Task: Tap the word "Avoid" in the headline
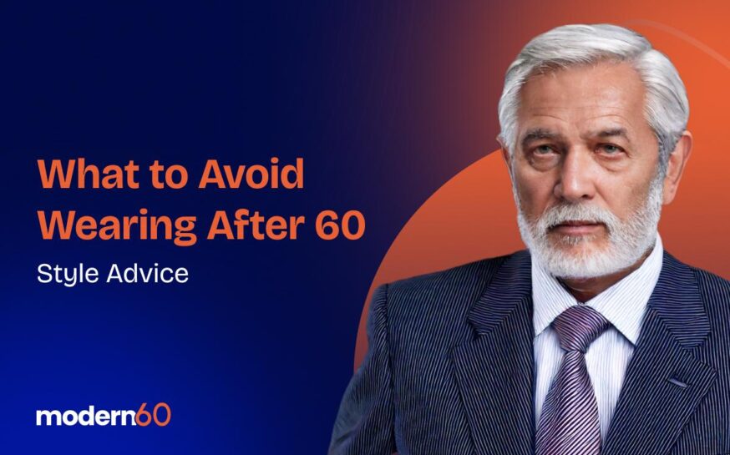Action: [251, 174]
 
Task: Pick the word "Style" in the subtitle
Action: [68, 274]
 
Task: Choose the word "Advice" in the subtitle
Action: [148, 273]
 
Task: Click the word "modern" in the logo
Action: [86, 417]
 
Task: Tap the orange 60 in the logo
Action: [154, 415]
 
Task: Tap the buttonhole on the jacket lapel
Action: [678, 382]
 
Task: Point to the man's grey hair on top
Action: [591, 51]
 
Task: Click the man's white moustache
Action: [580, 215]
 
